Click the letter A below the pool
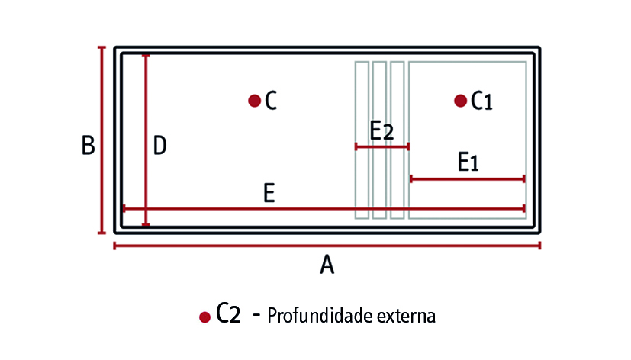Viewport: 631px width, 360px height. click(327, 265)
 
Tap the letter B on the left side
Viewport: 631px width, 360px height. click(89, 145)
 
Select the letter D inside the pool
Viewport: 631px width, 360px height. click(159, 145)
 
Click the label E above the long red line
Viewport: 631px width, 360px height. click(269, 193)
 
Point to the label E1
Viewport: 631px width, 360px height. click(468, 162)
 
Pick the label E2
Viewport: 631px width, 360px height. click(381, 130)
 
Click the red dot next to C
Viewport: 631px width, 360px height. click(254, 101)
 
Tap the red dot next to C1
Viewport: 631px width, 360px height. click(460, 101)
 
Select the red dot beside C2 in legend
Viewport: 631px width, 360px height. click(204, 317)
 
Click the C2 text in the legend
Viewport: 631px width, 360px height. click(228, 313)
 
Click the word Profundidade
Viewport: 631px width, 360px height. click(320, 315)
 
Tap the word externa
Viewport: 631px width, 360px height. click(406, 317)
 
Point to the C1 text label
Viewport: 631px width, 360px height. click(481, 101)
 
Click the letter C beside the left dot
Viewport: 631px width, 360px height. click(271, 101)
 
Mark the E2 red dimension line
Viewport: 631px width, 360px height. click(382, 146)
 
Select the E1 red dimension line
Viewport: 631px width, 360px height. click(468, 179)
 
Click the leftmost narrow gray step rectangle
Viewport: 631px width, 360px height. click(362, 140)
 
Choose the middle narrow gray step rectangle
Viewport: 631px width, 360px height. click(379, 140)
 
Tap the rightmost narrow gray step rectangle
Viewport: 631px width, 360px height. click(398, 140)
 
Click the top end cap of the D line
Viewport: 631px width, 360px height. click(146, 56)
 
